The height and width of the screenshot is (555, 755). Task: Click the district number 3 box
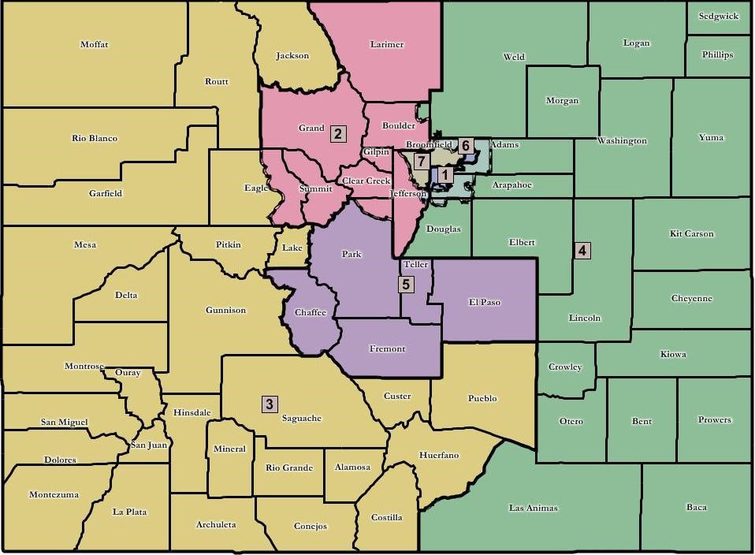click(x=270, y=404)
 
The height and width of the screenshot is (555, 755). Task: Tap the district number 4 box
click(x=582, y=251)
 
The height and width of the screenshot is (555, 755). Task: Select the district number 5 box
click(x=406, y=285)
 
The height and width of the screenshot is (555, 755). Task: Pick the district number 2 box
click(x=338, y=133)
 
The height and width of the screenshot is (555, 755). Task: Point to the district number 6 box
click(x=466, y=146)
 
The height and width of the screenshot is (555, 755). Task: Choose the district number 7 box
click(x=422, y=161)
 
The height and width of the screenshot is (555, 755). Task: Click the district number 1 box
click(x=444, y=174)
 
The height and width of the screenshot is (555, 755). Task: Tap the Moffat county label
click(x=94, y=44)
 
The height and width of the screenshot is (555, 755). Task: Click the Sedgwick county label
click(x=717, y=16)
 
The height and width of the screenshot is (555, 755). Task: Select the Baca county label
click(x=696, y=507)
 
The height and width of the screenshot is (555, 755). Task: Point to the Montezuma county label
click(x=54, y=494)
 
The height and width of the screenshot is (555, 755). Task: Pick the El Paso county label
click(x=484, y=302)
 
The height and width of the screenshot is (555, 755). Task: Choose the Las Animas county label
click(x=534, y=508)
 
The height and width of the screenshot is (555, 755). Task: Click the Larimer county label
click(x=386, y=44)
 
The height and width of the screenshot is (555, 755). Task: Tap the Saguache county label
click(x=302, y=418)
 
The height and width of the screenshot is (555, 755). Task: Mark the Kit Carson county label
click(x=691, y=233)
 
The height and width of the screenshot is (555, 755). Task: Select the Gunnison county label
click(x=225, y=310)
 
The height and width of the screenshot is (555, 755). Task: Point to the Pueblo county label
click(x=482, y=398)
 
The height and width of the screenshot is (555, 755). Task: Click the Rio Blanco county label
click(x=95, y=138)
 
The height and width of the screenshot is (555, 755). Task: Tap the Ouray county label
click(x=128, y=372)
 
